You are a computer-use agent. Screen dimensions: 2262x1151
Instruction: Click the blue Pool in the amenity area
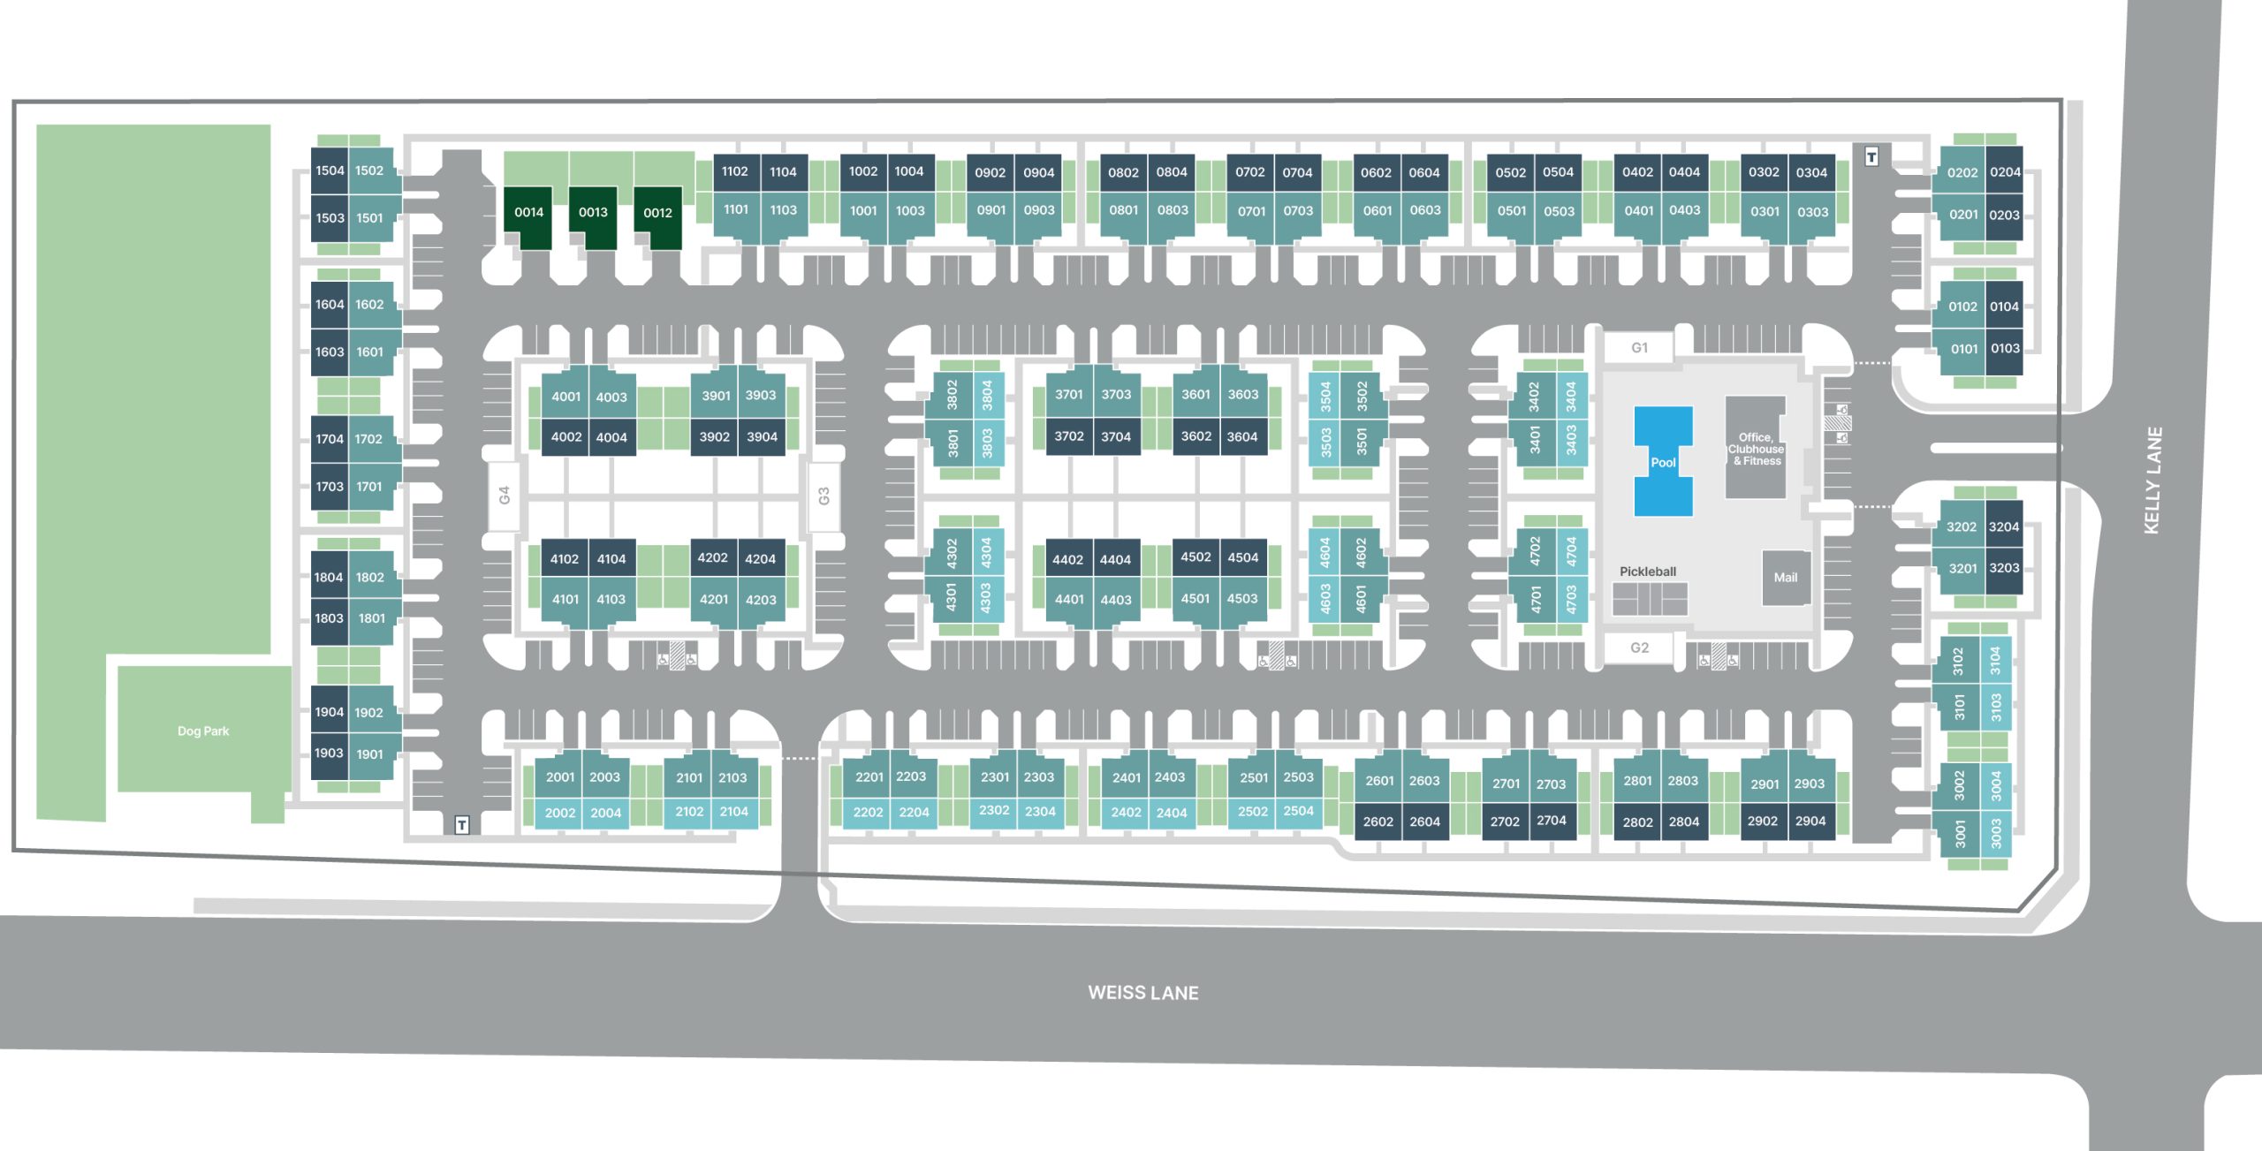(x=1663, y=461)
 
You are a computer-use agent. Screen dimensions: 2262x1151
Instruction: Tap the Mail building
(x=1786, y=578)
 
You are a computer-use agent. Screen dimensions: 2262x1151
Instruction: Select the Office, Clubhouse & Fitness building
(x=1756, y=448)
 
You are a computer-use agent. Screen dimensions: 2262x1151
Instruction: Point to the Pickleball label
(x=1647, y=572)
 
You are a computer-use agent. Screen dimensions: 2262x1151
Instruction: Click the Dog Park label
(x=203, y=731)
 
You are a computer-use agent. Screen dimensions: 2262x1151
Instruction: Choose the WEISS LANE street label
(x=1143, y=993)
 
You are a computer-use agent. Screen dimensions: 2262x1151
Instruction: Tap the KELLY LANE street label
(x=2152, y=481)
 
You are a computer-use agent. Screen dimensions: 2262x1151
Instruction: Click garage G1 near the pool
(x=1639, y=348)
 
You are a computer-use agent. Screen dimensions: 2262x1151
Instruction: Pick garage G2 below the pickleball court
(x=1639, y=647)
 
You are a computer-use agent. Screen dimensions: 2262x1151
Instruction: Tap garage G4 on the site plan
(x=504, y=496)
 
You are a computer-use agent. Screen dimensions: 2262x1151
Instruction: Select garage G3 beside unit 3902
(x=824, y=496)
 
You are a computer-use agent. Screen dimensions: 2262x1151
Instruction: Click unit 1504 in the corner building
(x=330, y=170)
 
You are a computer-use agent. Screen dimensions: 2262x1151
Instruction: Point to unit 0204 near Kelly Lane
(x=2005, y=172)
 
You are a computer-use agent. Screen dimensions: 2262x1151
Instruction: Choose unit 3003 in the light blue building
(x=1996, y=833)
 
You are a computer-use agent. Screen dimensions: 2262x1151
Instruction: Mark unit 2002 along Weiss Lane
(x=560, y=813)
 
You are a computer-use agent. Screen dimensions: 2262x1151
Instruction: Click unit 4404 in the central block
(x=1115, y=559)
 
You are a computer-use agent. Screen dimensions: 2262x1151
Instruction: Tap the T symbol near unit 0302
(x=1871, y=157)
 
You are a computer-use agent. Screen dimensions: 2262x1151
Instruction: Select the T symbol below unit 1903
(x=461, y=825)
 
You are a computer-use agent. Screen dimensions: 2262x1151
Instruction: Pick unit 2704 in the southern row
(x=1552, y=821)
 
